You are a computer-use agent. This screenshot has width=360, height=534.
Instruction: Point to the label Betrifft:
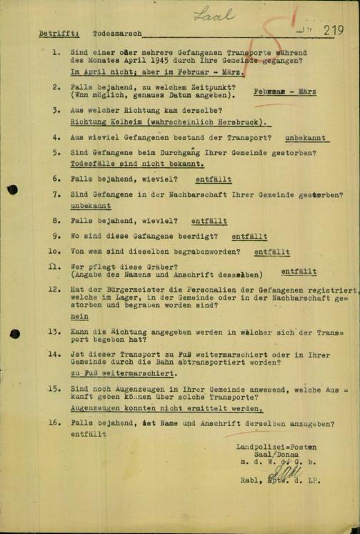(x=59, y=33)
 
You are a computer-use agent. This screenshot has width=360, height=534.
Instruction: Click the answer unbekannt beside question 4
(x=305, y=137)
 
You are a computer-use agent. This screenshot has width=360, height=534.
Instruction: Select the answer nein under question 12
(x=79, y=316)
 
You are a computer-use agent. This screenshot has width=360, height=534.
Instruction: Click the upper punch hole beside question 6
(x=12, y=189)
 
